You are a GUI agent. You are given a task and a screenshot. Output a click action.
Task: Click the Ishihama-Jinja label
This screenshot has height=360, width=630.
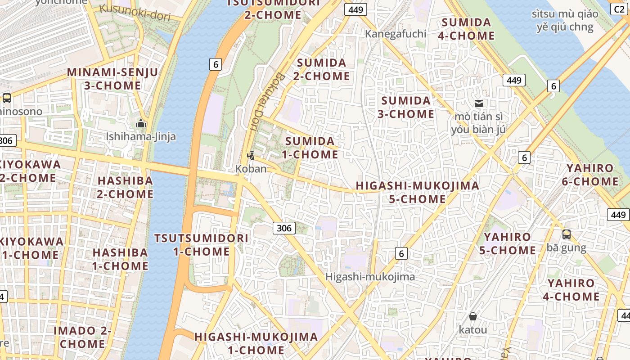click(140, 136)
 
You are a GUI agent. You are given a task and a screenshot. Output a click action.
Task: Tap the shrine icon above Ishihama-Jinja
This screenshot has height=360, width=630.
click(141, 123)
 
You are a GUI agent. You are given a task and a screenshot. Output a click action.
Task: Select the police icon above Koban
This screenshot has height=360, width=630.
click(251, 156)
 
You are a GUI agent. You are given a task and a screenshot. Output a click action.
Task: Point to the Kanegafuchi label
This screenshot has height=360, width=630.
click(395, 34)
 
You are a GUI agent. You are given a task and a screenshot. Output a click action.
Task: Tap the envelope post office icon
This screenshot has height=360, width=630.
click(479, 103)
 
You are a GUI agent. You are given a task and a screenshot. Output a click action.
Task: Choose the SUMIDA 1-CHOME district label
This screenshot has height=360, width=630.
click(310, 148)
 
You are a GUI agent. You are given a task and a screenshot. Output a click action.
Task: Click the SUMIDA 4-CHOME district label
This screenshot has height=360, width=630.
click(466, 29)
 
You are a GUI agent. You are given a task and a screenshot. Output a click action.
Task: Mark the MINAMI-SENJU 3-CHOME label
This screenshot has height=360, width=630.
click(112, 79)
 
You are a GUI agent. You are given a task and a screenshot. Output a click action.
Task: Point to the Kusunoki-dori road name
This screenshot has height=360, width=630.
click(135, 13)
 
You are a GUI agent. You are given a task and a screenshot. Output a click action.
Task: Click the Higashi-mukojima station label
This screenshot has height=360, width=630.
click(370, 277)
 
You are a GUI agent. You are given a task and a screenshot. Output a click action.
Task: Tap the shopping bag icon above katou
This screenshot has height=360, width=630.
click(472, 316)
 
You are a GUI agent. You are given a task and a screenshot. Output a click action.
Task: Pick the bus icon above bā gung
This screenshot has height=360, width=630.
click(566, 234)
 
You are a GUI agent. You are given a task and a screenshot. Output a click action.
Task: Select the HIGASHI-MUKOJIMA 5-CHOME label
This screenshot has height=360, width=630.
click(417, 192)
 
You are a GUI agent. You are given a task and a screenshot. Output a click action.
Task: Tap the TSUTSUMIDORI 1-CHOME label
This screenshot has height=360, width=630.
click(201, 244)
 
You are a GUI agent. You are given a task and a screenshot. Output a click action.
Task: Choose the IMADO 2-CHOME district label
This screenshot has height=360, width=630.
click(82, 337)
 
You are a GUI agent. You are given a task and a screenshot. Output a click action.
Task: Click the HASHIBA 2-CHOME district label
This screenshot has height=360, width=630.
click(125, 187)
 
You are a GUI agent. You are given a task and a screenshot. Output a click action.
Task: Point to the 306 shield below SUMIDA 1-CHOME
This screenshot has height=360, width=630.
click(284, 228)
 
